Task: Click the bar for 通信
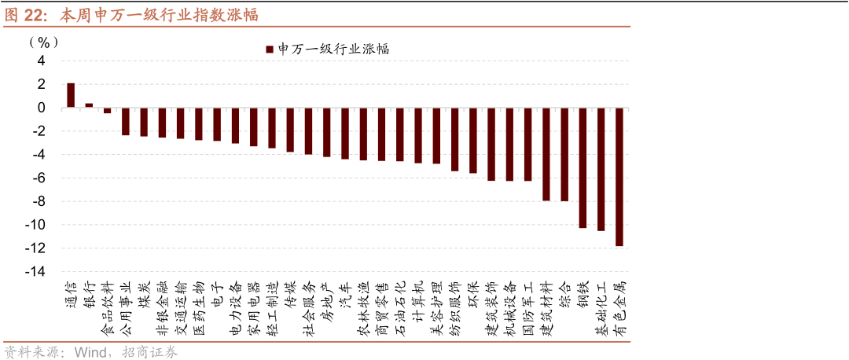[x=71, y=95]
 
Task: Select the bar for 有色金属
[x=619, y=177]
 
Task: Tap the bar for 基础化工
[x=601, y=169]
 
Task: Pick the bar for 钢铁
[x=583, y=168]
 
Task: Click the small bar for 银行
[x=89, y=105]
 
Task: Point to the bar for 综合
[x=564, y=154]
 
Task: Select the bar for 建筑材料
[x=546, y=154]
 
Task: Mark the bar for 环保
[x=473, y=140]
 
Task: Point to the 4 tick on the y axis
[x=42, y=61]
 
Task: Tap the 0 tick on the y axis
[x=42, y=108]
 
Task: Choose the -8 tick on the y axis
[x=39, y=201]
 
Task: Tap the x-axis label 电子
[x=218, y=293]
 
